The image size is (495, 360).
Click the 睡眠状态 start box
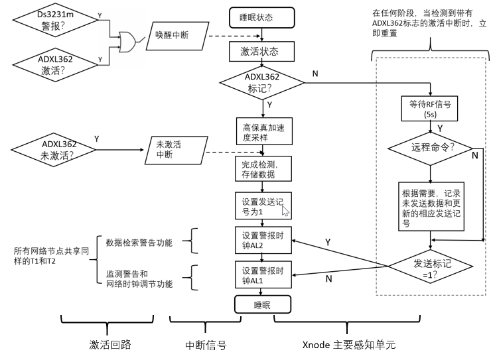[x=261, y=17]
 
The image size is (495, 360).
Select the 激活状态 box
[x=261, y=51]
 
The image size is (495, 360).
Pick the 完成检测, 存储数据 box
[x=259, y=170]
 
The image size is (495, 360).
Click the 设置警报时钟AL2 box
[x=260, y=240]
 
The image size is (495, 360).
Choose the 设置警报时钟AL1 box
[x=260, y=275]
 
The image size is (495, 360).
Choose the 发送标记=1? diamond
[x=430, y=269]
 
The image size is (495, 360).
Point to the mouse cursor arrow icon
[x=285, y=210]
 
